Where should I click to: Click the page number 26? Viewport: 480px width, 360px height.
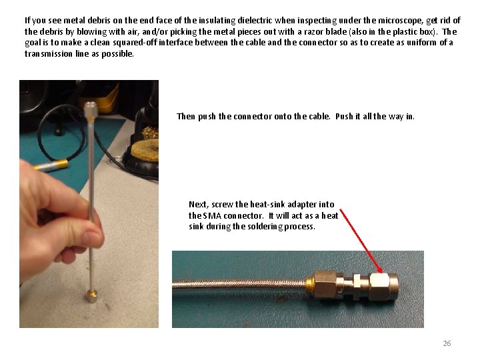pos(447,343)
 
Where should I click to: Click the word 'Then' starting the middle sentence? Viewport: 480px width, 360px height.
pos(186,116)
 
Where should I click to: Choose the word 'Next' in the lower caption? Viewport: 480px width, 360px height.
pos(198,204)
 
